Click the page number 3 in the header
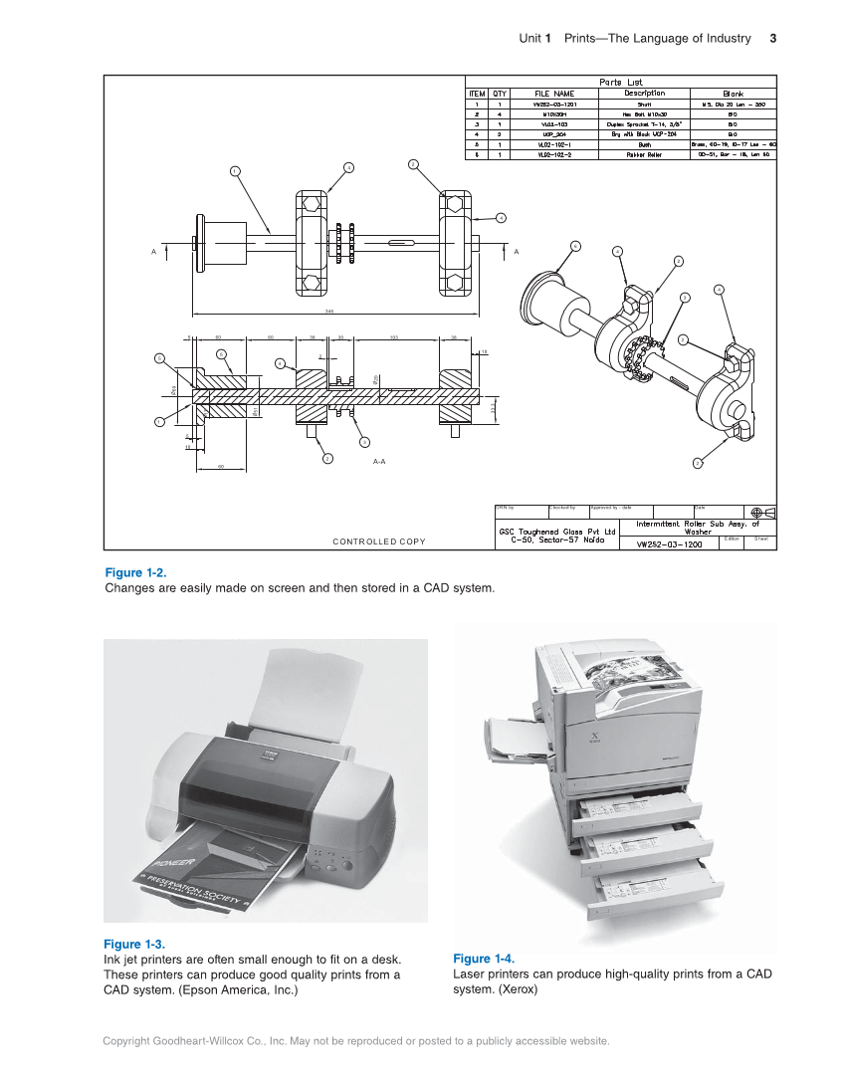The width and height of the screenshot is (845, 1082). click(x=772, y=39)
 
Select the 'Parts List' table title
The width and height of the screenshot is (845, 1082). click(x=620, y=83)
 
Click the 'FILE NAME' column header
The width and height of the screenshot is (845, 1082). click(x=554, y=94)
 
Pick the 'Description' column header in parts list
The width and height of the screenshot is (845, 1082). click(x=644, y=94)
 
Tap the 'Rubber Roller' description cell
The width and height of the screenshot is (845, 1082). click(x=644, y=154)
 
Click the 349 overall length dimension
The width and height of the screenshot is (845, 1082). click(x=329, y=311)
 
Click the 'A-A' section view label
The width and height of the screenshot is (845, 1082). click(x=379, y=463)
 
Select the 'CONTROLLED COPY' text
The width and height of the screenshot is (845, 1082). click(x=378, y=541)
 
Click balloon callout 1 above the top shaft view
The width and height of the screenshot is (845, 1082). click(x=235, y=170)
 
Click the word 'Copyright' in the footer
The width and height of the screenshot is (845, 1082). click(x=126, y=1041)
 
